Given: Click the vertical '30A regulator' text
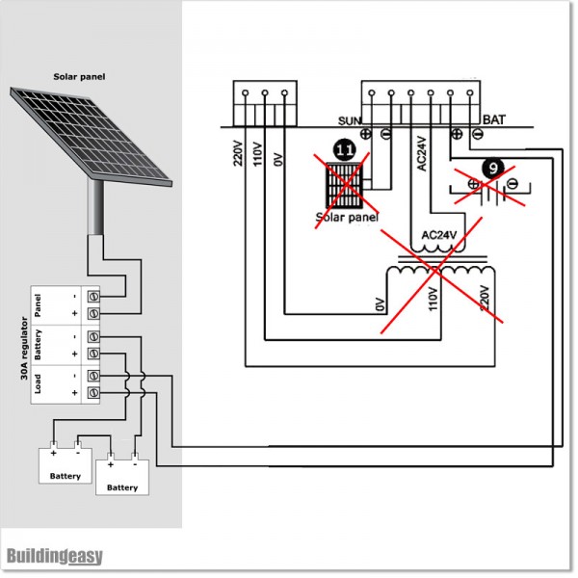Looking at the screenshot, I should click(22, 346).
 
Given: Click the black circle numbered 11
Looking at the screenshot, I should click(344, 150).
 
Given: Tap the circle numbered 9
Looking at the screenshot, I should click(492, 167).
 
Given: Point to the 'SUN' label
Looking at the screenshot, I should click(349, 121).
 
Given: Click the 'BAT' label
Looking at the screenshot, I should click(493, 121).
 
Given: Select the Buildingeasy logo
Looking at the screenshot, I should click(54, 557).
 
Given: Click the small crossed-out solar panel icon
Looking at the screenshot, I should click(344, 186).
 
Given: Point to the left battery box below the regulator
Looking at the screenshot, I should click(65, 463).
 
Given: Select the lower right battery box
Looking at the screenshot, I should click(122, 475).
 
